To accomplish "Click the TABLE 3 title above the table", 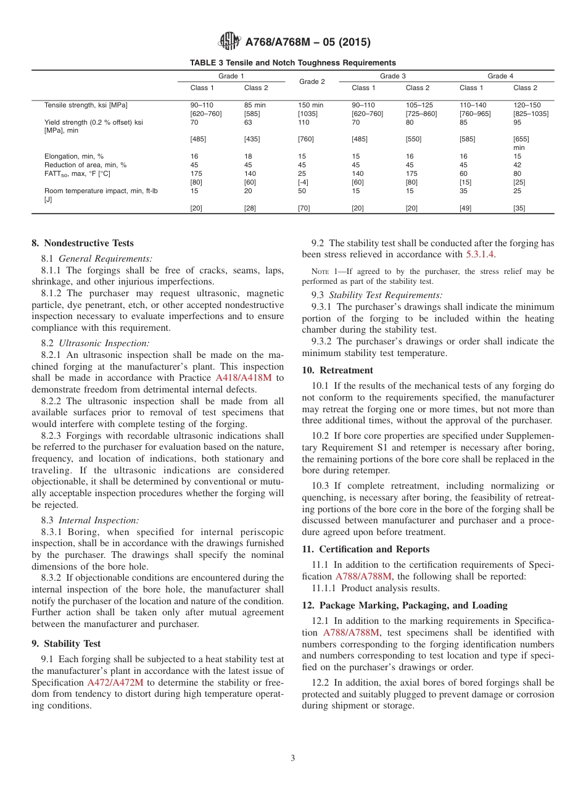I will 293,62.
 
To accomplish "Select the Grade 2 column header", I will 312,81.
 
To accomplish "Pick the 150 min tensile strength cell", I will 310,105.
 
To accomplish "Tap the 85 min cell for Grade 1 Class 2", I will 255,105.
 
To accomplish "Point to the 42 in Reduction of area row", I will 518,165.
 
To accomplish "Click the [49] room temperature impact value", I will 466,208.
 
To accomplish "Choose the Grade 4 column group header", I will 500,76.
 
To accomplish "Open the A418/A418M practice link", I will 243,378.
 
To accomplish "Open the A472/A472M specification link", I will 115,683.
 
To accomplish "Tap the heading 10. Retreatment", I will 337,370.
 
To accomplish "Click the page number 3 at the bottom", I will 293,758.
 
